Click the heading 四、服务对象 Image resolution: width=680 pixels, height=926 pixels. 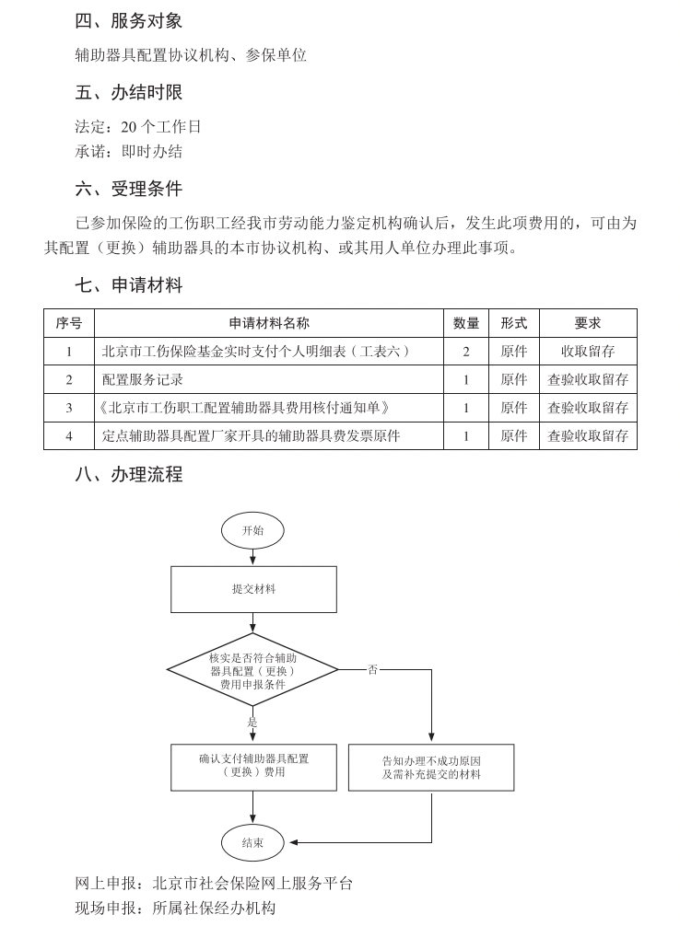pyautogui.click(x=129, y=20)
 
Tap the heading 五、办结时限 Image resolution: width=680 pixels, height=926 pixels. pyautogui.click(x=129, y=92)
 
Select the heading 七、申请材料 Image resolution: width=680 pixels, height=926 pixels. pyautogui.click(x=129, y=285)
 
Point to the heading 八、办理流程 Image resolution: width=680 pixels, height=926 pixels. pyautogui.click(x=129, y=475)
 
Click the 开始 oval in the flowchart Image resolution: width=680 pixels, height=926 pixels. pyautogui.click(x=252, y=530)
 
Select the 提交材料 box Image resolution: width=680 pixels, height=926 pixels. pyautogui.click(x=253, y=589)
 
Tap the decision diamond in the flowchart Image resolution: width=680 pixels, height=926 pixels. pyautogui.click(x=252, y=670)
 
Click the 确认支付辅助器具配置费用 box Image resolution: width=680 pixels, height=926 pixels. pyautogui.click(x=253, y=767)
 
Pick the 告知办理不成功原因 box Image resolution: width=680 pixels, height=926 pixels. pyautogui.click(x=431, y=768)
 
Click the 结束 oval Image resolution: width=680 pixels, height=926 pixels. pyautogui.click(x=252, y=842)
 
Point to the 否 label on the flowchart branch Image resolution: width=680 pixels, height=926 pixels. pyautogui.click(x=372, y=670)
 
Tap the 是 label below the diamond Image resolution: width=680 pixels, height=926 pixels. pyautogui.click(x=252, y=723)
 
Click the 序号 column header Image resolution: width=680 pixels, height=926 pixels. pyautogui.click(x=69, y=323)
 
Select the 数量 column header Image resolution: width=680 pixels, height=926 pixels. pyautogui.click(x=466, y=323)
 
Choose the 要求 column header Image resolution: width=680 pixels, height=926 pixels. pyautogui.click(x=588, y=323)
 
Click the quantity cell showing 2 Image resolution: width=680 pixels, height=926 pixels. pyautogui.click(x=466, y=352)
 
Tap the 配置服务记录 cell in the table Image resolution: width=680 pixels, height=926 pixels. pyautogui.click(x=143, y=380)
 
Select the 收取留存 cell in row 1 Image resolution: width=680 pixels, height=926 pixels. pyautogui.click(x=588, y=352)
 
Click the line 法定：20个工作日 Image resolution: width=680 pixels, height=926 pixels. pyautogui.click(x=138, y=127)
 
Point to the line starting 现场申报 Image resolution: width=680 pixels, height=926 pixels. pyautogui.click(x=175, y=909)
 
